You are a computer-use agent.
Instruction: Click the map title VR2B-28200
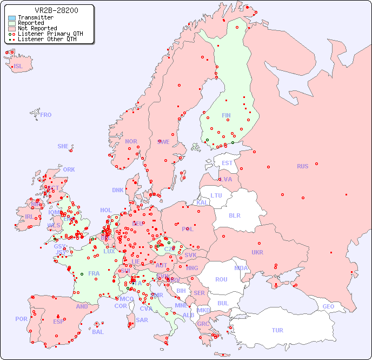(56, 10)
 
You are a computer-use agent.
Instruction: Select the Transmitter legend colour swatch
(12, 18)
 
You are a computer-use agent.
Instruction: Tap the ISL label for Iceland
(18, 67)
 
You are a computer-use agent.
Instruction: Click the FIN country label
(226, 115)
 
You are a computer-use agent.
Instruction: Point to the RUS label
(302, 166)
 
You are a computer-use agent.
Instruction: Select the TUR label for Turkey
(277, 330)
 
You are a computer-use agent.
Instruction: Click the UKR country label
(257, 252)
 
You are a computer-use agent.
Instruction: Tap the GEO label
(328, 306)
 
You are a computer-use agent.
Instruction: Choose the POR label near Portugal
(21, 319)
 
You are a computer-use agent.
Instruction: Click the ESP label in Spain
(58, 322)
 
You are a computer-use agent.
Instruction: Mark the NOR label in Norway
(131, 141)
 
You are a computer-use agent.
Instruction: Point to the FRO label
(46, 115)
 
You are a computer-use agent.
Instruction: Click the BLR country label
(234, 215)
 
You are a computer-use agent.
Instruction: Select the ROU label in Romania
(221, 279)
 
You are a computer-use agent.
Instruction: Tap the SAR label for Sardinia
(142, 320)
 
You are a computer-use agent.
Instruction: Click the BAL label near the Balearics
(97, 332)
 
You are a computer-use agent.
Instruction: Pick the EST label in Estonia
(227, 163)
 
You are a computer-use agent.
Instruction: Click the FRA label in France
(94, 273)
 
